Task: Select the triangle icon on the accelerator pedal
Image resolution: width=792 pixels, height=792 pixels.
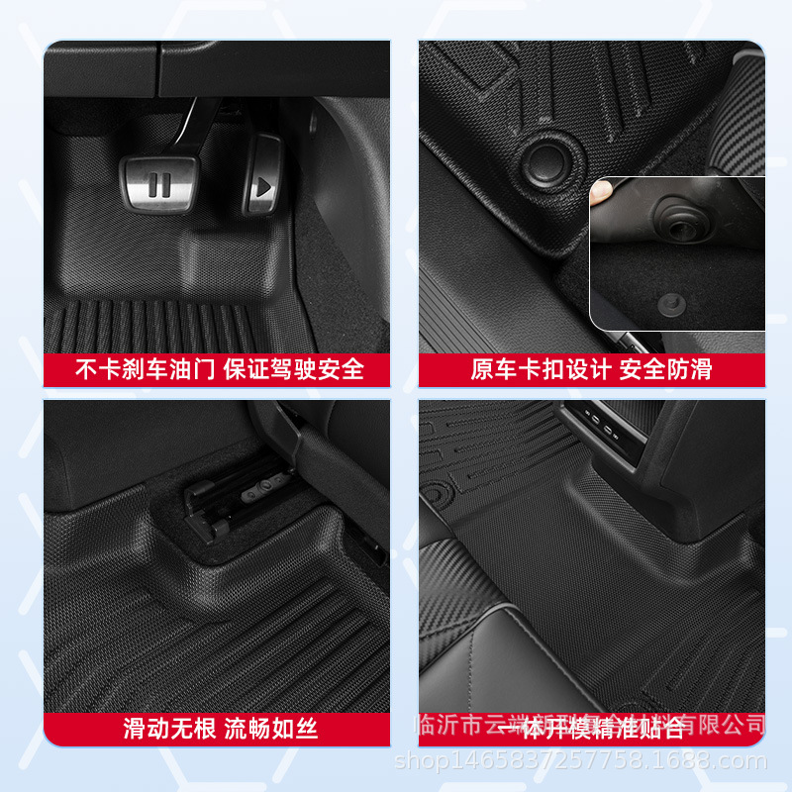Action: click(262, 185)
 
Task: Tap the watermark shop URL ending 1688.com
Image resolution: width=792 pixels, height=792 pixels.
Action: click(580, 761)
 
